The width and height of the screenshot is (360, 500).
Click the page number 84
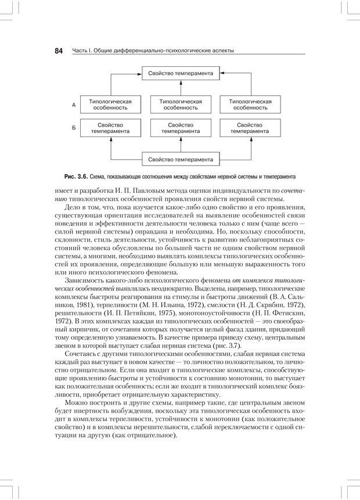pos(59,51)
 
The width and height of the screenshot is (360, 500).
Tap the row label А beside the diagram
pos(74,105)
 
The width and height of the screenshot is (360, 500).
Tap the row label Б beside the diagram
pos(74,128)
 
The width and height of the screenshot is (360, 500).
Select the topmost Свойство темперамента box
pos(181,74)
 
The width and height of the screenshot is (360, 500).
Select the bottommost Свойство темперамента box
pos(181,159)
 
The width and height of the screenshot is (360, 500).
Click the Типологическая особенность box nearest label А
pos(110,105)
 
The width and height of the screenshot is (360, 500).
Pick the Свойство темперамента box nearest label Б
pos(110,128)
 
